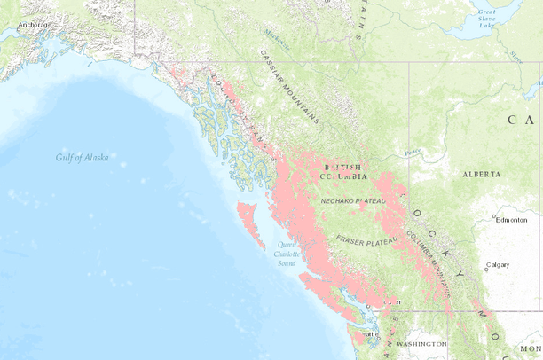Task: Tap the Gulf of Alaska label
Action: pyautogui.click(x=82, y=158)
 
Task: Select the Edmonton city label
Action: pyautogui.click(x=512, y=219)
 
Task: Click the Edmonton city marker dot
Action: pyautogui.click(x=494, y=219)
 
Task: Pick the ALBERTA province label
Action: pyautogui.click(x=481, y=175)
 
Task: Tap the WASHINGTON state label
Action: pyautogui.click(x=421, y=343)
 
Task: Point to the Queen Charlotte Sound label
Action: pyautogui.click(x=286, y=253)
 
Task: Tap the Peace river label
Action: pyautogui.click(x=413, y=153)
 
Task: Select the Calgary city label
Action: pyautogui.click(x=498, y=265)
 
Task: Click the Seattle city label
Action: pyautogui.click(x=370, y=334)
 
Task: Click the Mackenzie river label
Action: pyautogui.click(x=278, y=35)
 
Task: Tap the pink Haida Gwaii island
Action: pyautogui.click(x=248, y=214)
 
